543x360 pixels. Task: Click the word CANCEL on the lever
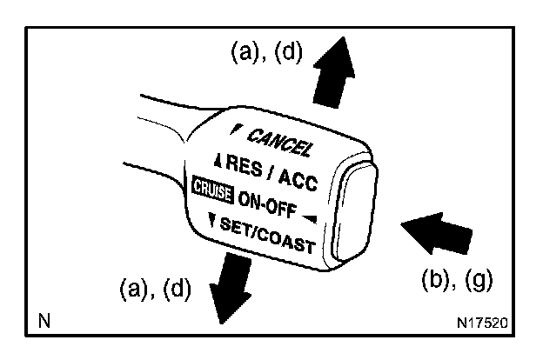click(x=279, y=142)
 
